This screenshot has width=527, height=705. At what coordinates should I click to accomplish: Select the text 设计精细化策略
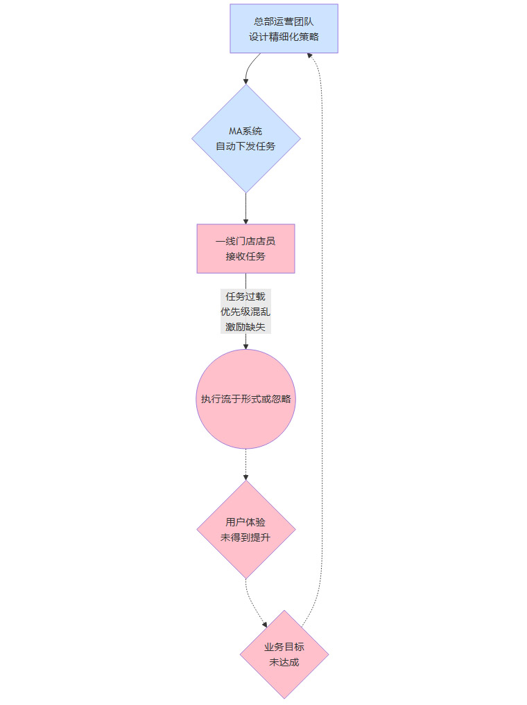pyautogui.click(x=284, y=37)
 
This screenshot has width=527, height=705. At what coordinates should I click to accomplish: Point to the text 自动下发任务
pyautogui.click(x=246, y=146)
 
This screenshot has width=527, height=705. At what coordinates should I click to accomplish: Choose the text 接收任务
pyautogui.click(x=246, y=256)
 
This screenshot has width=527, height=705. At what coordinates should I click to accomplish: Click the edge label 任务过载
pyautogui.click(x=245, y=296)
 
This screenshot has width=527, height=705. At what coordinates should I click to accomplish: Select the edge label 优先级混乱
pyautogui.click(x=245, y=312)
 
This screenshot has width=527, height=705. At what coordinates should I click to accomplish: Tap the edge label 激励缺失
pyautogui.click(x=245, y=327)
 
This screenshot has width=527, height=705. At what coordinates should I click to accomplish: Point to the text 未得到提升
pyautogui.click(x=246, y=537)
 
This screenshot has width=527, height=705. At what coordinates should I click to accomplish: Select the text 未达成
pyautogui.click(x=284, y=662)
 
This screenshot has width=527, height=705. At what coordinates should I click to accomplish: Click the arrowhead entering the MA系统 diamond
pyautogui.click(x=246, y=82)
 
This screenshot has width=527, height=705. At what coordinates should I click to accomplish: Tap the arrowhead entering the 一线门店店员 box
pyautogui.click(x=246, y=221)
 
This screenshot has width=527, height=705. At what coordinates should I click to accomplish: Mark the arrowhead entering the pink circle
pyautogui.click(x=246, y=346)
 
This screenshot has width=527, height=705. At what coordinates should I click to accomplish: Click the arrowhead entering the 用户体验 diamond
pyautogui.click(x=246, y=478)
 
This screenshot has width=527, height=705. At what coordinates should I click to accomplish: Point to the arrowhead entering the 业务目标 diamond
pyautogui.click(x=265, y=625)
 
